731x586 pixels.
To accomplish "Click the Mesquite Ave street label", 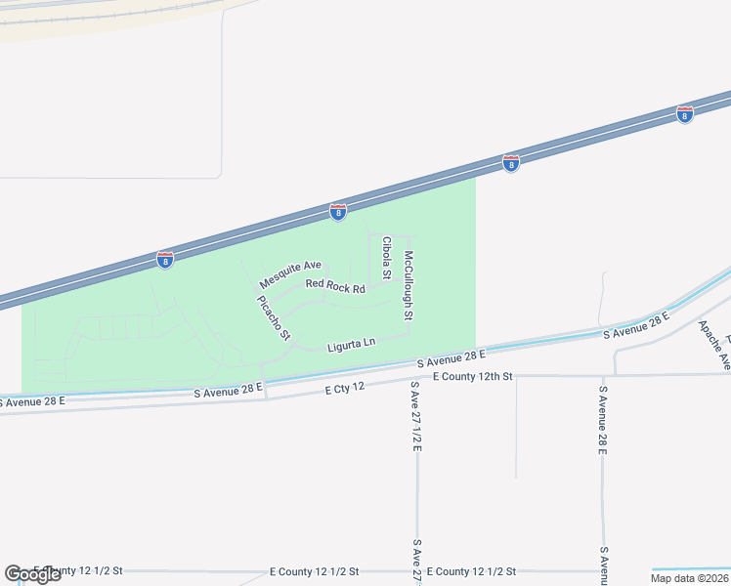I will coord(290,273).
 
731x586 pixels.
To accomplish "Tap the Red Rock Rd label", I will coord(334,287).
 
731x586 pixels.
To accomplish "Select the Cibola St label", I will coord(386,258).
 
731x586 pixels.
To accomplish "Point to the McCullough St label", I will coord(409,286).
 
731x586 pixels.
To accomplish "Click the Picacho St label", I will coord(274,317).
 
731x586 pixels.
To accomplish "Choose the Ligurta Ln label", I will coord(351,344).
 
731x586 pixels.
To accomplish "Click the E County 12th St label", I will coord(472,376).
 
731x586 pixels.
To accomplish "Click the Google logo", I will coord(32,574).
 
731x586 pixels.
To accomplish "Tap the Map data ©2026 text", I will coord(689,578).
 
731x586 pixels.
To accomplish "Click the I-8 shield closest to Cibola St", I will coord(337,212).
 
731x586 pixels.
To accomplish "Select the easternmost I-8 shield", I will coord(684,115).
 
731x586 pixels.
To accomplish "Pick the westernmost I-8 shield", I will coord(164,261).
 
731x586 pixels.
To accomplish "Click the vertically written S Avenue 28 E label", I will coord(603,419).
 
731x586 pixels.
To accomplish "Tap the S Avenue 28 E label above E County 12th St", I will coord(451,359).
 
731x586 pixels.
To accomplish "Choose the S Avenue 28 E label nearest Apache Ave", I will coord(636,326).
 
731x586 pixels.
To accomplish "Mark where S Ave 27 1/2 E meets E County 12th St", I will coord(416,377).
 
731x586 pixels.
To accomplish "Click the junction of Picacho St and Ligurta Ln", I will coord(293,344).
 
